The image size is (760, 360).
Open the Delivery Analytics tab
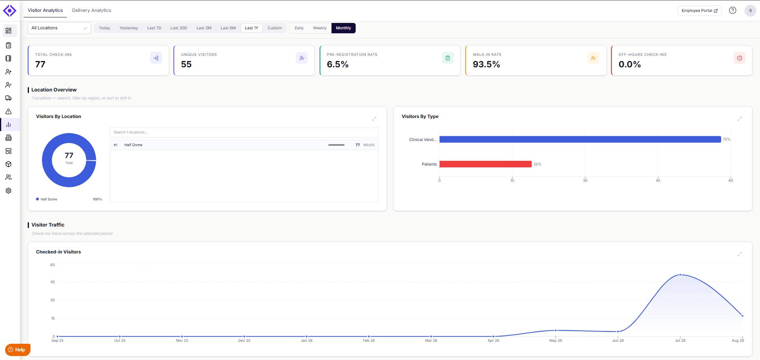91,10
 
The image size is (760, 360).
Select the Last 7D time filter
154,28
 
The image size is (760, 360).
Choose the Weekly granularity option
320,28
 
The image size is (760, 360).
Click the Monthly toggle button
343,28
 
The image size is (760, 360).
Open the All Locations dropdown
59,28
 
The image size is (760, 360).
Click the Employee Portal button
699,11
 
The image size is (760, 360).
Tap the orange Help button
18,350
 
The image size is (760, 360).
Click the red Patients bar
486,164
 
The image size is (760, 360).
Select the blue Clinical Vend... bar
580,139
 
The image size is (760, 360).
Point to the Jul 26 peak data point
680,275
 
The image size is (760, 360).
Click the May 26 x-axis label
556,341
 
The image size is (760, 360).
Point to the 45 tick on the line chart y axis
53,282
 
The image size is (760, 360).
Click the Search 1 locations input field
244,132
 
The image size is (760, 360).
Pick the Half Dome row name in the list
133,145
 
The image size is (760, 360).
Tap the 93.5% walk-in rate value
486,64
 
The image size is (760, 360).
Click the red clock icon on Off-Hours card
739,58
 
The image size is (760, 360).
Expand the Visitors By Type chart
739,119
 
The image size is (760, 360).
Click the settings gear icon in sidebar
8,190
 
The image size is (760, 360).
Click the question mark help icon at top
733,11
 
